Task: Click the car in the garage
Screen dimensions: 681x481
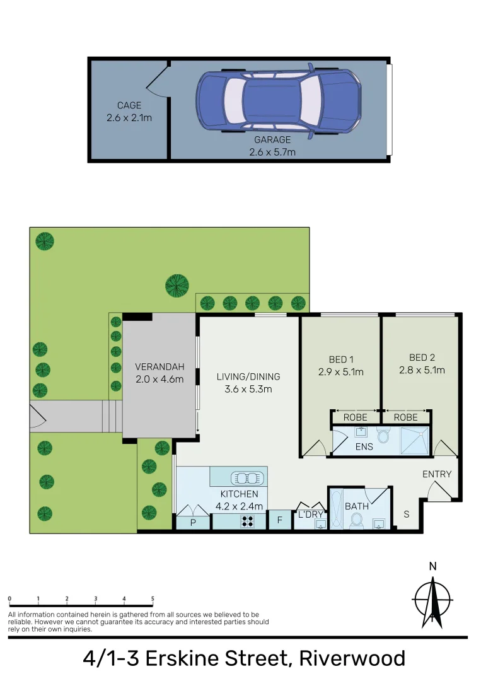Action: coord(279,100)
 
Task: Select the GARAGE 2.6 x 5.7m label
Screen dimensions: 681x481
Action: coord(272,146)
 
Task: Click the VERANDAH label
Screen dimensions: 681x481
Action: coord(159,373)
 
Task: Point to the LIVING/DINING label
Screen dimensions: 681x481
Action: coord(248,383)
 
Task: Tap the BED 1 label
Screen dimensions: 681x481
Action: coord(340,366)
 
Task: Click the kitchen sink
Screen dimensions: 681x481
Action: coord(245,477)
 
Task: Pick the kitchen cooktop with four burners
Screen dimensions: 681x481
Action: coord(247,521)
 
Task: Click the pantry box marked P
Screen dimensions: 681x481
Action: coord(193,523)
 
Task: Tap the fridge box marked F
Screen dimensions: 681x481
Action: coord(279,521)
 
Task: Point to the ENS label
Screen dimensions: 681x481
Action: coord(364,446)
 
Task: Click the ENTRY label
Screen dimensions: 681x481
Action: coord(437,474)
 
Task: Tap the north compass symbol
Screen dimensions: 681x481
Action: coord(432,595)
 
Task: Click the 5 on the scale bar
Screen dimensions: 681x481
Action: coord(153,598)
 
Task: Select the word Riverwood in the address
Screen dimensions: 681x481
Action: coord(352,659)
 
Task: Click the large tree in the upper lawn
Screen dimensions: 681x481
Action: coord(177,286)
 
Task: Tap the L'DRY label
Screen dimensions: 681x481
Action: coord(310,515)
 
